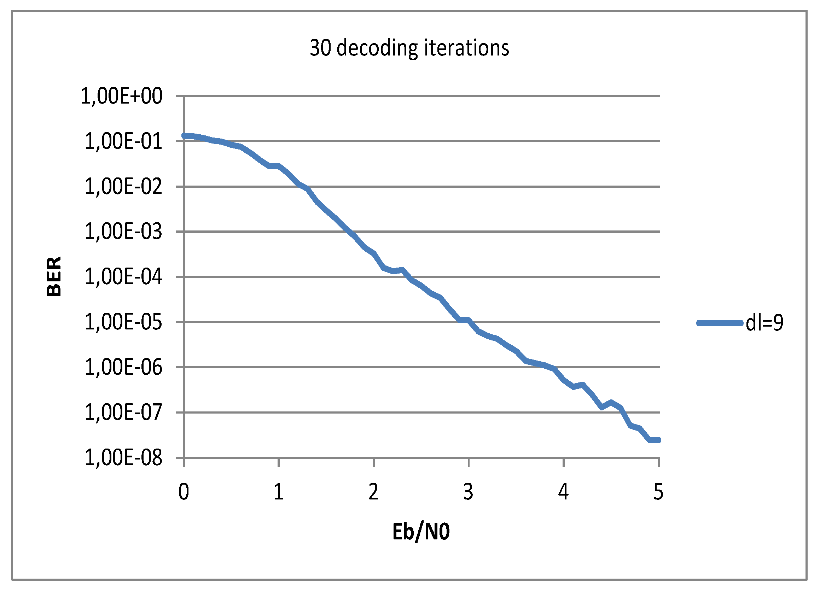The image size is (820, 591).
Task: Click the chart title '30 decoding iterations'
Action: [409, 48]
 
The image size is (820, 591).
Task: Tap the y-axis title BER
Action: [54, 276]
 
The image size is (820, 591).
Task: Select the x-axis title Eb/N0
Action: [421, 532]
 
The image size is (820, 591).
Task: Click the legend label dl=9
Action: [764, 323]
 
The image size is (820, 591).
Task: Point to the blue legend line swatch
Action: [719, 323]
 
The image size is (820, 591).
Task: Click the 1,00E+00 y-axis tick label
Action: [122, 96]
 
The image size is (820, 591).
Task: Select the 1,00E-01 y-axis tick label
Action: [123, 141]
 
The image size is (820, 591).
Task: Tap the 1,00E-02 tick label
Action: [123, 187]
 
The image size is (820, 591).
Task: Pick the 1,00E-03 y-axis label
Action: [123, 232]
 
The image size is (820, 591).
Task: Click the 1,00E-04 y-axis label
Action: [123, 277]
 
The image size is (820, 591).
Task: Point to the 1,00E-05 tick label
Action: [123, 322]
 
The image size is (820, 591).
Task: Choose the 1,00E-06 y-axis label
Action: [123, 367]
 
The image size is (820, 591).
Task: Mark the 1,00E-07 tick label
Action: [123, 412]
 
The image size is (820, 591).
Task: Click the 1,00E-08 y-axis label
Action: [123, 458]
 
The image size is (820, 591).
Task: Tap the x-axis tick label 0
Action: [184, 492]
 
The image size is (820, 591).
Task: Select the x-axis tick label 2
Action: [373, 492]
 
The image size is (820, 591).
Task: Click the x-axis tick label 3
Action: [468, 492]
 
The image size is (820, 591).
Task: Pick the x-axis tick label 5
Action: [658, 492]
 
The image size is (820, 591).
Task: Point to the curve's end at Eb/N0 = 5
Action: [658, 440]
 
